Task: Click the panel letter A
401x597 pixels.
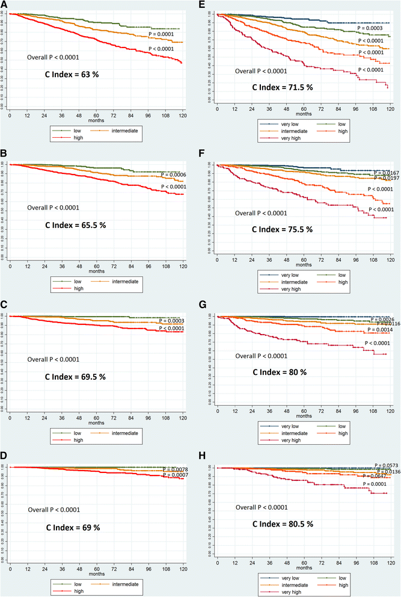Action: pos(4,4)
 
